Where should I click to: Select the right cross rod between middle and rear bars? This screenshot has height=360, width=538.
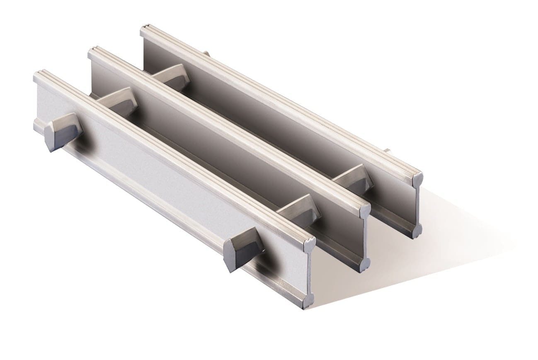tap(353, 178)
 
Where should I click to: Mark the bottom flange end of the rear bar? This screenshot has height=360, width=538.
tap(416, 231)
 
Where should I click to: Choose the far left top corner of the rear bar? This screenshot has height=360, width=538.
tap(143, 29)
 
